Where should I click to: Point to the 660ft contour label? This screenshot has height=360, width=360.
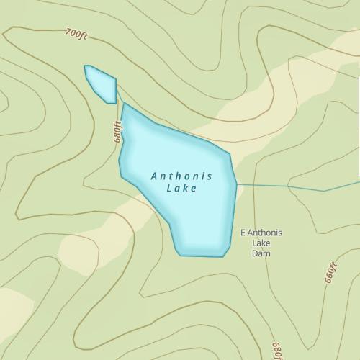pyautogui.click(x=330, y=274)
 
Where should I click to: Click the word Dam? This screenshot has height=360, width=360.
pyautogui.click(x=260, y=254)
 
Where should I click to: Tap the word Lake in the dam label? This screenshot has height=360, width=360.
pyautogui.click(x=260, y=243)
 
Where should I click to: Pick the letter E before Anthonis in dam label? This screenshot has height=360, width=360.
pyautogui.click(x=242, y=233)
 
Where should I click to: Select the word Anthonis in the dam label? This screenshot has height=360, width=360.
pyautogui.click(x=265, y=233)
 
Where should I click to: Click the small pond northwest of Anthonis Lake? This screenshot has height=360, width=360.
pyautogui.click(x=102, y=84)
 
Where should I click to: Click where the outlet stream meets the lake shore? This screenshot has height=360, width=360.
pyautogui.click(x=236, y=184)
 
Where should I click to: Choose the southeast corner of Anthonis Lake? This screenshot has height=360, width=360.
pyautogui.click(x=224, y=256)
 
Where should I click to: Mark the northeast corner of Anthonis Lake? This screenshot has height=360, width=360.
pyautogui.click(x=229, y=153)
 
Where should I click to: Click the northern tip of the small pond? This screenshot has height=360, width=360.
pyautogui.click(x=86, y=66)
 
